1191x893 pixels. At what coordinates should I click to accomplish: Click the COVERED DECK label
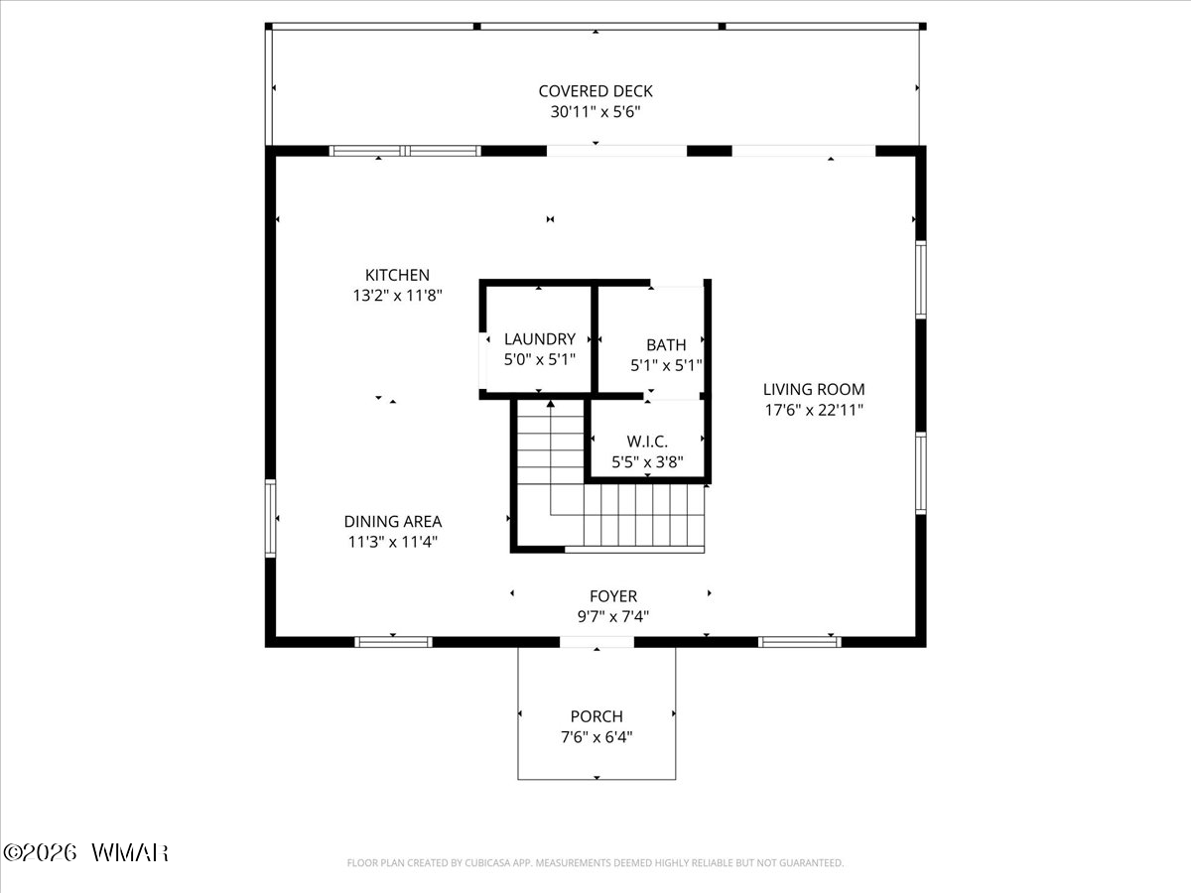(x=595, y=91)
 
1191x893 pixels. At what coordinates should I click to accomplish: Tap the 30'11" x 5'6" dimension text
(x=595, y=112)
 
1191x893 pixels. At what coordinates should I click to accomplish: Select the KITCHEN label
(x=397, y=275)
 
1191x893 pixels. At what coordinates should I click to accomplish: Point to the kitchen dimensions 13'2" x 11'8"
(x=397, y=296)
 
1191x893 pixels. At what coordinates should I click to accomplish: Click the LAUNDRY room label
(x=539, y=339)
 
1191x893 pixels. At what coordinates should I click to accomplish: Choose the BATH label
(x=666, y=345)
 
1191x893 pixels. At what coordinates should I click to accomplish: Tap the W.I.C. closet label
(x=647, y=442)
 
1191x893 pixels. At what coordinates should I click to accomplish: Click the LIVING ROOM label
(x=814, y=389)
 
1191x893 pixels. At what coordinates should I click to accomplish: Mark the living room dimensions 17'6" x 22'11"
(x=814, y=410)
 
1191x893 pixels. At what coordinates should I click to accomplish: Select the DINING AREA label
(x=393, y=522)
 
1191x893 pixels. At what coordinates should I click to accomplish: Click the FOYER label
(x=613, y=596)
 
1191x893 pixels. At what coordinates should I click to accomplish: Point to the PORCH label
(x=596, y=716)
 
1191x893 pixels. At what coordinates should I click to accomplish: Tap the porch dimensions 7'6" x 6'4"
(x=596, y=737)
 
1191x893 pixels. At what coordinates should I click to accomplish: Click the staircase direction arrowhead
(x=550, y=404)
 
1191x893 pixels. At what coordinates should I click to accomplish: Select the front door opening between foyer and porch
(x=596, y=642)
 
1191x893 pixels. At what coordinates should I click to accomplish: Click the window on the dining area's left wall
(x=270, y=518)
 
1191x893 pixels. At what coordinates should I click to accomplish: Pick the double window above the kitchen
(x=405, y=151)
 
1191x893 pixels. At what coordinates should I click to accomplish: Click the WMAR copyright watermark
(x=85, y=853)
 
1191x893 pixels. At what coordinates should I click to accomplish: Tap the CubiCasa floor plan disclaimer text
(x=595, y=862)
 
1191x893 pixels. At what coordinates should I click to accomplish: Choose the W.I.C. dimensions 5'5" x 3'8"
(x=647, y=462)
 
